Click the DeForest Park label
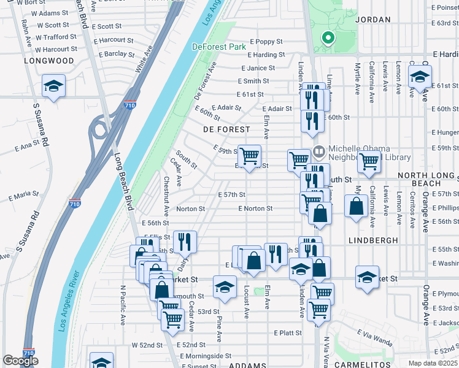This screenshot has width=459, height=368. coord(218,47)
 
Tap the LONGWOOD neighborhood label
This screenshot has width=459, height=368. coord(49,61)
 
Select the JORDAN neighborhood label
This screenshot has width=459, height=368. coord(372,20)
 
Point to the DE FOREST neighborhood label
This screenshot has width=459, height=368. coord(227,129)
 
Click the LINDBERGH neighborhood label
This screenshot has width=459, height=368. coord(373,240)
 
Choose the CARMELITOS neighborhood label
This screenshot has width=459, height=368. coord(363,365)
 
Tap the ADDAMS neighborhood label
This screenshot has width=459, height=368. coord(247,366)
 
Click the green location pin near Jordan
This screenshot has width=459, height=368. coord(328,38)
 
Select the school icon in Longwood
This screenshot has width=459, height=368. coord(53,87)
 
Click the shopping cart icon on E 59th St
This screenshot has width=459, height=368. coord(249,157)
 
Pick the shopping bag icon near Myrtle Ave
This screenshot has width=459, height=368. coord(357,206)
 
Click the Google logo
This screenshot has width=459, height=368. coord(20,361)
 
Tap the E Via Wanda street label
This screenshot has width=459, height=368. coord(374,337)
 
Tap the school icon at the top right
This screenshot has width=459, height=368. coord(420,78)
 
